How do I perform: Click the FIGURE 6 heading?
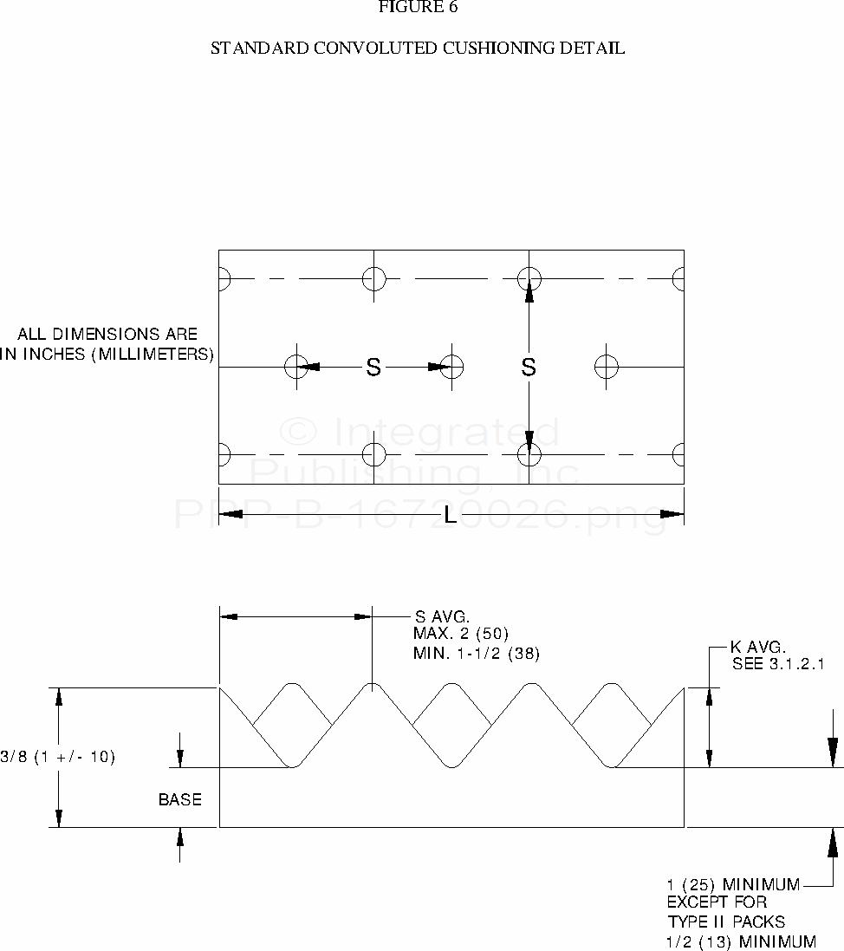pos(418,8)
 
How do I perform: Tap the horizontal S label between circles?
pos(373,368)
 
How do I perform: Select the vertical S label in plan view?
pos(529,368)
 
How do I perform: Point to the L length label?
pos(450,516)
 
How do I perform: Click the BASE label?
pos(180,799)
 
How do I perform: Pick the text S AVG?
pos(442,617)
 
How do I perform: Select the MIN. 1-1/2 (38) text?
pos(477,653)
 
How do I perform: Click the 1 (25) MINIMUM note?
pos(733,885)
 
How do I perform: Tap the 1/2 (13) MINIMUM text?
pos(741,941)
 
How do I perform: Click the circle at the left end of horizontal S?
pos(295,367)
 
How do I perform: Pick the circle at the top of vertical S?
pos(529,279)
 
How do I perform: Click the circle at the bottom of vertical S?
pos(529,454)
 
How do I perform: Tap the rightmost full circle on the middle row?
pos(607,367)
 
